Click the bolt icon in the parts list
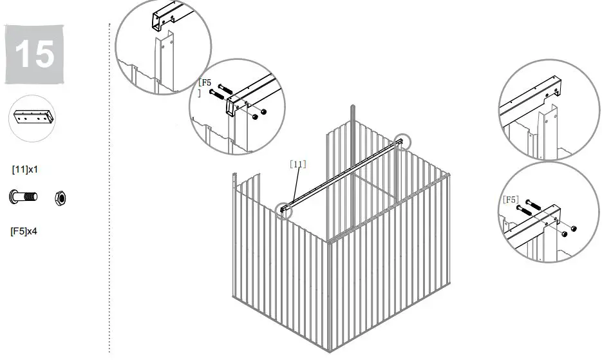coord(23,196)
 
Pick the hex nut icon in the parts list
coord(60,197)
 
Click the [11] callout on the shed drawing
coord(298,164)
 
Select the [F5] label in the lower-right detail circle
coord(510,200)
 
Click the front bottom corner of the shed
coord(329,351)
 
